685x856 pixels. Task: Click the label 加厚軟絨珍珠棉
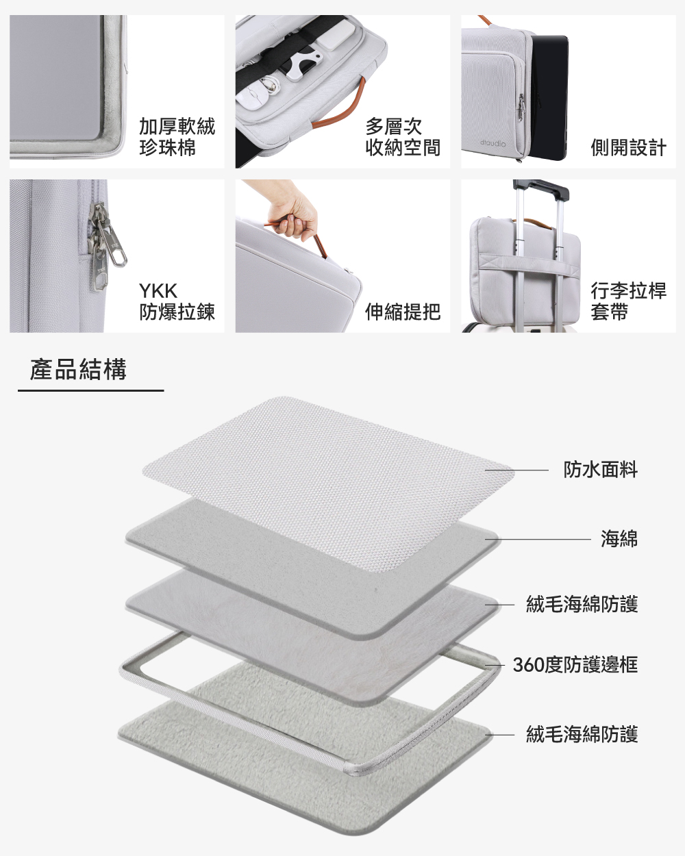(x=177, y=137)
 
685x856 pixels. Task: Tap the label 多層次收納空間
(x=402, y=137)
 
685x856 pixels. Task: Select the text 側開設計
(x=628, y=147)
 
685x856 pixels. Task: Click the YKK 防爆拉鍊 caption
(x=177, y=301)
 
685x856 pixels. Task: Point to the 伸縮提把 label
(x=402, y=312)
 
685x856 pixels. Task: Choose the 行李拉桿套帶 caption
(x=628, y=301)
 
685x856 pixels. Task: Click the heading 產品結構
(x=78, y=369)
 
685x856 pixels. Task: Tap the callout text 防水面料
(x=600, y=470)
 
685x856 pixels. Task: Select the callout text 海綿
(x=619, y=539)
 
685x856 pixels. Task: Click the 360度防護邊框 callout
(x=575, y=664)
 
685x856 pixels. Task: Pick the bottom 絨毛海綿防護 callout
(x=582, y=734)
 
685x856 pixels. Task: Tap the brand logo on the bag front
(x=493, y=144)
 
